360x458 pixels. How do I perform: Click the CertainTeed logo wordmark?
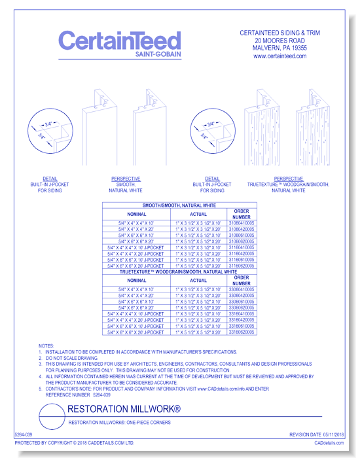119,41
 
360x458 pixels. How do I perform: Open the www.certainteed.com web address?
279,56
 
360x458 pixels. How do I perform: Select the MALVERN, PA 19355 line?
279,48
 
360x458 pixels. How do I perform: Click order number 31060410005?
242,224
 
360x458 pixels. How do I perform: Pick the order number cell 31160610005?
242,260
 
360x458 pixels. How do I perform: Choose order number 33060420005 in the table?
242,296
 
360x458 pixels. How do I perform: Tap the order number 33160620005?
242,332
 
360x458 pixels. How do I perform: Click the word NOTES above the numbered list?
46,345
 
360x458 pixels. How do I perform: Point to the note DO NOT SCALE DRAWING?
72,357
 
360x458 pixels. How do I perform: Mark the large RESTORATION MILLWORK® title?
124,409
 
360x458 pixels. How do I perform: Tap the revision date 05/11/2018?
331,434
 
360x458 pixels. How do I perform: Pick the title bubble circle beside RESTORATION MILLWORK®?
52,415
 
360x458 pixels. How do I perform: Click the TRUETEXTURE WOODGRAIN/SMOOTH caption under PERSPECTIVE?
288,185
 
